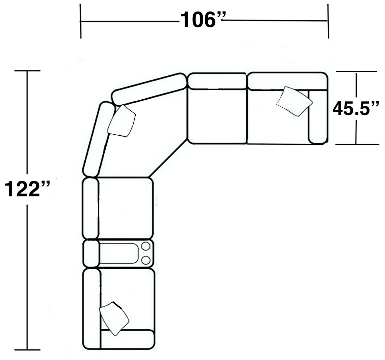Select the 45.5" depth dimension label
point(356,109)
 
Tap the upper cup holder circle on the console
point(146,246)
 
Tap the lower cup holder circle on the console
point(146,260)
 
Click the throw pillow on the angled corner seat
point(122,121)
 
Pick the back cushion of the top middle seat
point(217,81)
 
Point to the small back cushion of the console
point(91,254)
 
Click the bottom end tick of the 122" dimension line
point(27,350)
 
